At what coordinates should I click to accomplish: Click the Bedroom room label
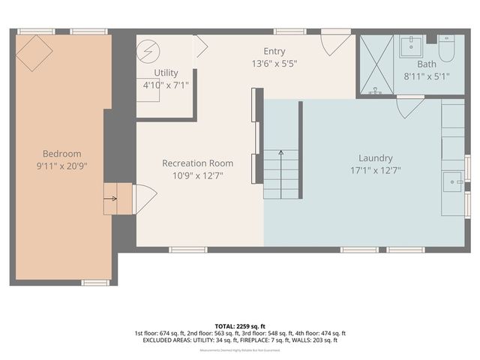pyautogui.click(x=61, y=153)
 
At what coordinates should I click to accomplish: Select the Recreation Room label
pyautogui.click(x=197, y=163)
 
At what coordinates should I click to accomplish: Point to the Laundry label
pyautogui.click(x=376, y=157)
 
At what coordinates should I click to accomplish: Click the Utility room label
pyautogui.click(x=166, y=73)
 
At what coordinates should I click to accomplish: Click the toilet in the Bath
pyautogui.click(x=446, y=49)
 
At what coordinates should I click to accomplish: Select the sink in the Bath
pyautogui.click(x=410, y=46)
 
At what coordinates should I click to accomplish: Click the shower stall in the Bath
pyautogui.click(x=375, y=64)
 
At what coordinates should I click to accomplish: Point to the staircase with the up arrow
pyautogui.click(x=280, y=173)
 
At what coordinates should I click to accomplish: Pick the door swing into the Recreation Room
pyautogui.click(x=144, y=199)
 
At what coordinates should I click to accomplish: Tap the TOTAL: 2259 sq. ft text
pyautogui.click(x=239, y=326)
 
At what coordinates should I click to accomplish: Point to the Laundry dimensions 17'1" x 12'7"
pyautogui.click(x=376, y=169)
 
